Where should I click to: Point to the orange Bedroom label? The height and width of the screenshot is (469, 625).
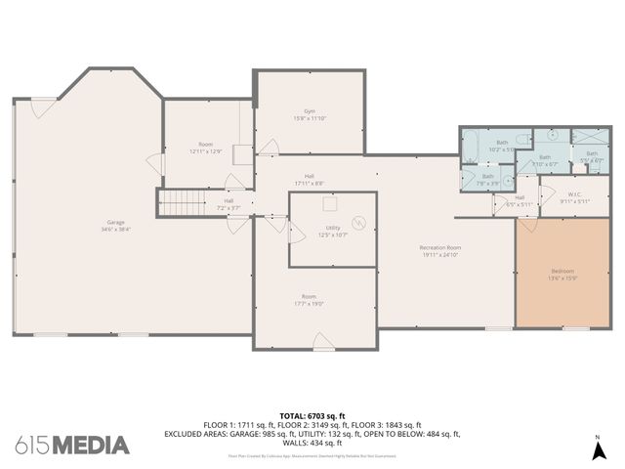[x=562, y=271]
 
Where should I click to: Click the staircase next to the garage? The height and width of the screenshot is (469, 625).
[x=178, y=203]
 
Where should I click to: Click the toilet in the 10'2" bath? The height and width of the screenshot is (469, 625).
[x=523, y=138]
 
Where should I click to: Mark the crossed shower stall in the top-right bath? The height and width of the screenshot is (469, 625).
[x=590, y=137]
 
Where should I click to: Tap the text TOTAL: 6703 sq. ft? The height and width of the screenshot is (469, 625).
[x=312, y=415]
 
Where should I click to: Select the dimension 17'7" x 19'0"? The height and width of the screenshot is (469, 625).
[x=309, y=303]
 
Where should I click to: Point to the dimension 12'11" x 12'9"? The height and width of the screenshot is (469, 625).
[x=206, y=151]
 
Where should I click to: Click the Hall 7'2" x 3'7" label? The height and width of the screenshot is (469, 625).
[x=228, y=204]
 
